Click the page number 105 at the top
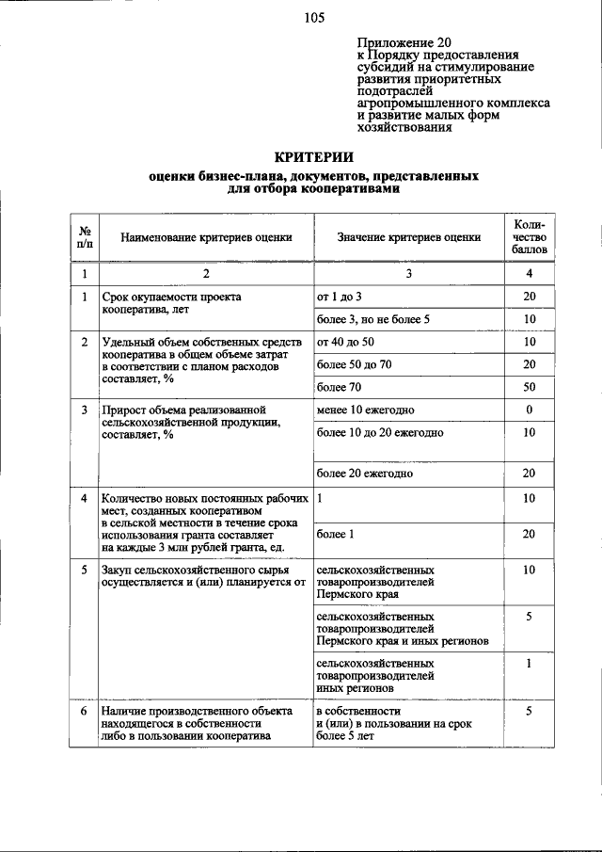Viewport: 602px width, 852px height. pos(314,18)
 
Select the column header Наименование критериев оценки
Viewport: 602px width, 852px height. pos(206,238)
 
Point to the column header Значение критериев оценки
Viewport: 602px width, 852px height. pos(409,238)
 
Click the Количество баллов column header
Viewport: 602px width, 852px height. pos(530,238)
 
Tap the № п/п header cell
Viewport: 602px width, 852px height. pos(84,238)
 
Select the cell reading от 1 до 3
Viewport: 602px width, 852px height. pos(340,297)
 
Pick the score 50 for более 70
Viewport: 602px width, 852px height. pos(530,387)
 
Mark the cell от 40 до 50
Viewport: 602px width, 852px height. pos(345,341)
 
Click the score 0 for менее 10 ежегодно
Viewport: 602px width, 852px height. pos(530,410)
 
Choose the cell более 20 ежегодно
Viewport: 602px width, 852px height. pos(365,474)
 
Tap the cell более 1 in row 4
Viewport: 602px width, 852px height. pos(336,534)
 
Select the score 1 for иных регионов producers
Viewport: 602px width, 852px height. pos(530,663)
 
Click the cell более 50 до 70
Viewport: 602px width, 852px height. pos(353,363)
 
